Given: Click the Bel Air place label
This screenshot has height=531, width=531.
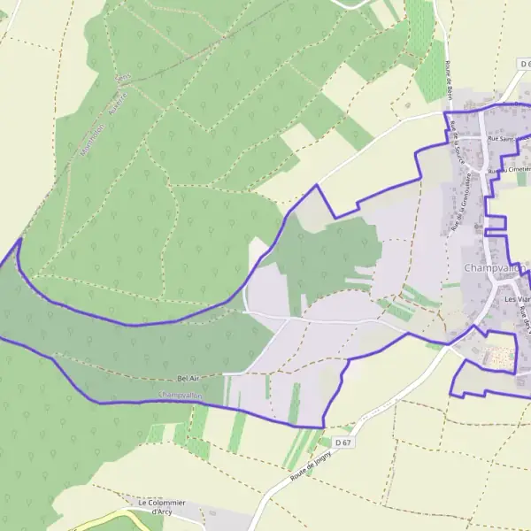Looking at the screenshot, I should click(191, 379).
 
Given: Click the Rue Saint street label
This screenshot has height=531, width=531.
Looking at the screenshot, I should click(501, 139).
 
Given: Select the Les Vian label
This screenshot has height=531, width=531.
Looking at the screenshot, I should click(516, 299).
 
